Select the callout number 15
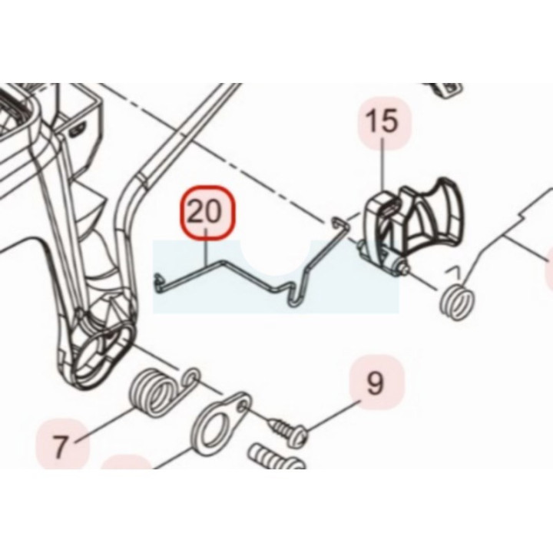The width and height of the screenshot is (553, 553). point(384,121)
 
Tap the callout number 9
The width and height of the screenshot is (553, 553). point(375,383)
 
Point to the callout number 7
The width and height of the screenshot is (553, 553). point(60,445)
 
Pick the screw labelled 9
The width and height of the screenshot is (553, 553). point(286,428)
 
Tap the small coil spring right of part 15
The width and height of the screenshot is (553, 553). point(458,303)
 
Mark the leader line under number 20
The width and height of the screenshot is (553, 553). point(207,247)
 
